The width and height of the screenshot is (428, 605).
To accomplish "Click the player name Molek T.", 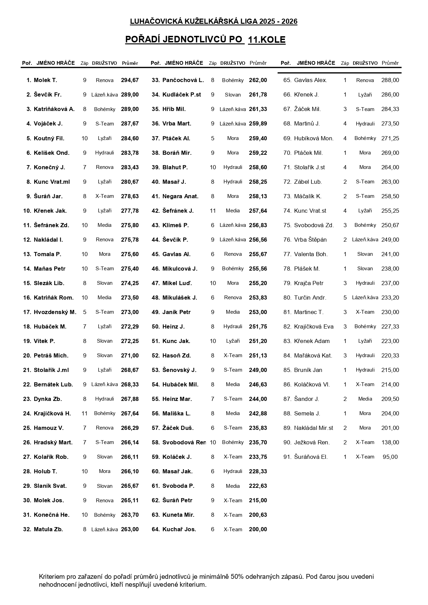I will pyautogui.click(x=45, y=80).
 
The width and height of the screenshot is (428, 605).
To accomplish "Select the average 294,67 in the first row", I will pyautogui.click(x=130, y=80).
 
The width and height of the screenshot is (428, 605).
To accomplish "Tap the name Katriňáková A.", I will pyautogui.click(x=54, y=109).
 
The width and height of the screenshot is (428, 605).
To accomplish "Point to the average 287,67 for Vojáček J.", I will pyautogui.click(x=130, y=124).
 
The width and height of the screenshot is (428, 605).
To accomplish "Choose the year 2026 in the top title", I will pyautogui.click(x=289, y=22).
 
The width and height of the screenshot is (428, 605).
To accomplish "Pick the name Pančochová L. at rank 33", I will pyautogui.click(x=183, y=80).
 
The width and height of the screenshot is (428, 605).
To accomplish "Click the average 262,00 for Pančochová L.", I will pyautogui.click(x=258, y=80).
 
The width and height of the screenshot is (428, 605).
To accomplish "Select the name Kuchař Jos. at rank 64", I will pyautogui.click(x=179, y=529).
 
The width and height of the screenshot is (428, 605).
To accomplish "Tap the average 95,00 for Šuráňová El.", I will pyautogui.click(x=390, y=457).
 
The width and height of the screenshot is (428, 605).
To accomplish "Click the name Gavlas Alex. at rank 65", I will pyautogui.click(x=310, y=80).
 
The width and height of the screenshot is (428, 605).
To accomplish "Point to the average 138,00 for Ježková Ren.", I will pyautogui.click(x=390, y=442).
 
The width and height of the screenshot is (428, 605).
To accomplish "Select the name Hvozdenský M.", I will pyautogui.click(x=55, y=312).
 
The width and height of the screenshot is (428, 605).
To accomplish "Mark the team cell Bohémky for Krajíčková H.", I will pyautogui.click(x=104, y=413).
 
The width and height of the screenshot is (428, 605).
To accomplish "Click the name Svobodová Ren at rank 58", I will pyautogui.click(x=184, y=442).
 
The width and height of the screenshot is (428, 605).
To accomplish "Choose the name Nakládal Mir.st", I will pyautogui.click(x=313, y=428).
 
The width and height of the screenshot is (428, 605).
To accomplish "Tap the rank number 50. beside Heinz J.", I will pyautogui.click(x=156, y=326).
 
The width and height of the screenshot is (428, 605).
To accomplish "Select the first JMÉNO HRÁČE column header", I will pyautogui.click(x=56, y=63).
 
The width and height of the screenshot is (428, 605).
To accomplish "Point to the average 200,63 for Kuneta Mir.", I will pyautogui.click(x=258, y=515).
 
